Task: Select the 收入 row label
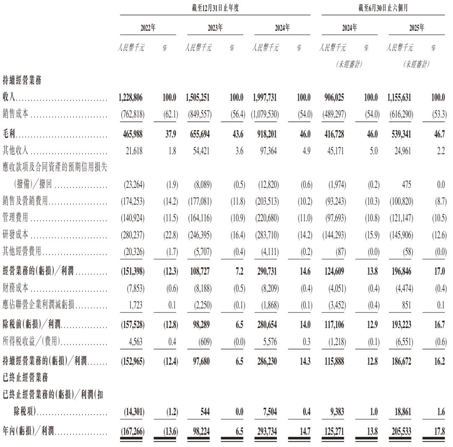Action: pos(9,98)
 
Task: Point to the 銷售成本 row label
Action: pos(16,113)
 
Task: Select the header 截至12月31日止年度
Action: pos(214,8)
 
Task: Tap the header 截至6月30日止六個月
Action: pos(383,8)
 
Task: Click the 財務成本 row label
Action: pos(16,288)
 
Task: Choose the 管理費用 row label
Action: pos(16,219)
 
